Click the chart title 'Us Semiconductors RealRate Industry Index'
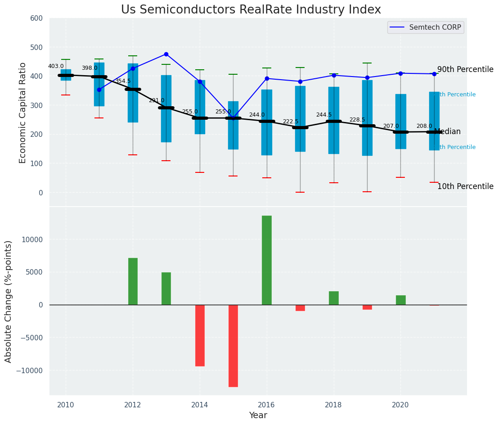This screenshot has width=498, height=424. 251,10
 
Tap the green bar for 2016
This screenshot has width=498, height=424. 267,260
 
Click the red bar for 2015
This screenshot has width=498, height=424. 233,346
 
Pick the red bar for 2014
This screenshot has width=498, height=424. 200,335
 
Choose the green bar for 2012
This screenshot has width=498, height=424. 133,281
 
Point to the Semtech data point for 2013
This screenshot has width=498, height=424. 166,54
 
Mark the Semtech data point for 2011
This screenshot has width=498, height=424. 99,90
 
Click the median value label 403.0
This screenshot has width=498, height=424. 56,66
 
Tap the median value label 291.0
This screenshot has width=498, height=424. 157,100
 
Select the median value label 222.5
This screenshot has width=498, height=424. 290,122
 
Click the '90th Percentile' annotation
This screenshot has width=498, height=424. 465,70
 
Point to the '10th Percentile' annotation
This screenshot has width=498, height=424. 465,187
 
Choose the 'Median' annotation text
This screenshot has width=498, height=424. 447,132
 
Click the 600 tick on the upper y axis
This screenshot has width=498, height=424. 36,18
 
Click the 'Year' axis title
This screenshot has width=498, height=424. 258,415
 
